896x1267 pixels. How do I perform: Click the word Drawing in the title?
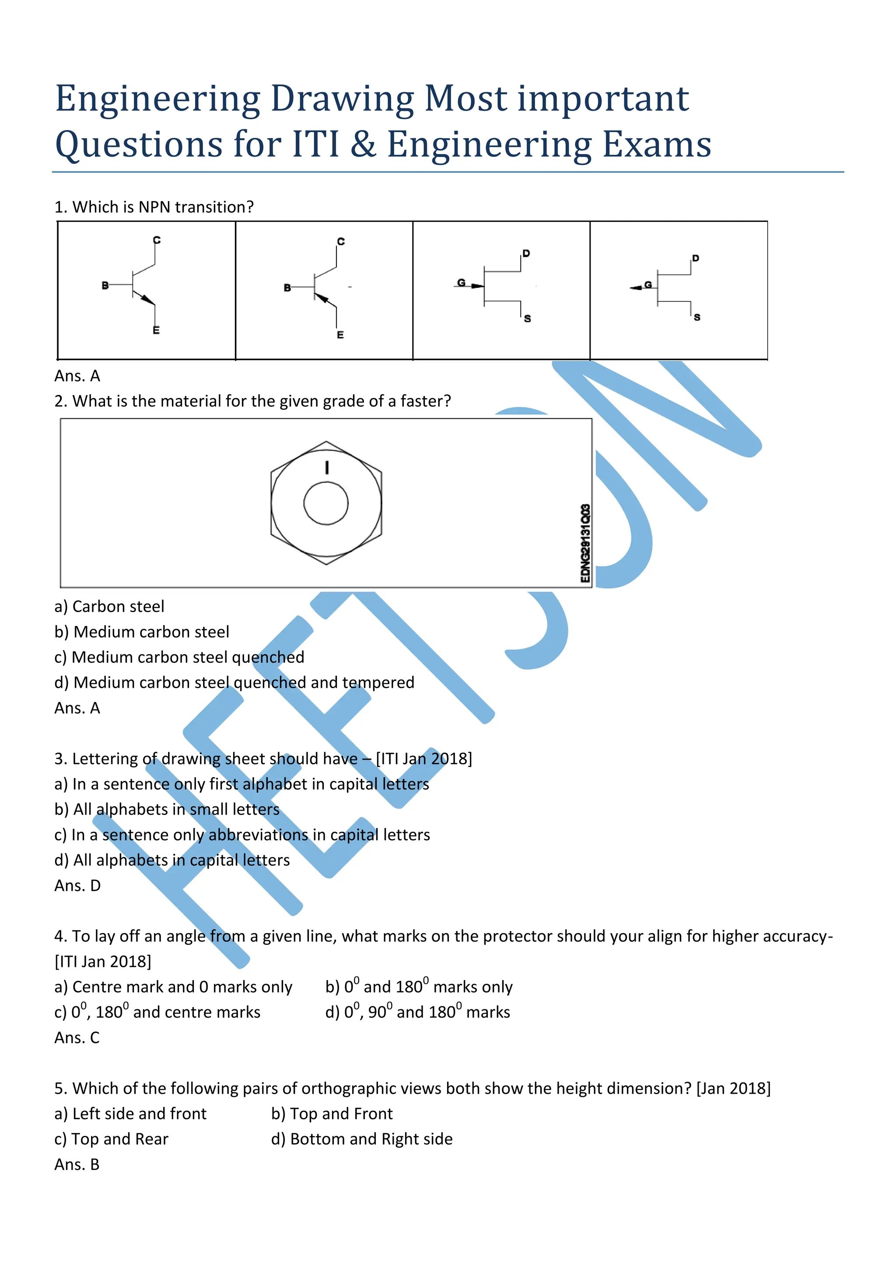[342, 99]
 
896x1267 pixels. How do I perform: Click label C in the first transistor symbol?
[157, 240]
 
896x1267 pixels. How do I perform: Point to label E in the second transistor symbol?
[340, 335]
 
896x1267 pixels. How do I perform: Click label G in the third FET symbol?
[461, 283]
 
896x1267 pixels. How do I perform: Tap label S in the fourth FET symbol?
[697, 317]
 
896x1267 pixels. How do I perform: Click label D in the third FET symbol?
[526, 253]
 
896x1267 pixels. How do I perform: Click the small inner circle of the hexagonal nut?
[326, 503]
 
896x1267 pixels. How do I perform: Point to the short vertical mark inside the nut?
[327, 467]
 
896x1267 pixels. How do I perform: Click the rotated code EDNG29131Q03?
[585, 543]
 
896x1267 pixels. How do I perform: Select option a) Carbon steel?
[109, 606]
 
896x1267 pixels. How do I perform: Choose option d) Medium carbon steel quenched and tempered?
[234, 682]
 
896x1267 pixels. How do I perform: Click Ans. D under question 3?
[77, 885]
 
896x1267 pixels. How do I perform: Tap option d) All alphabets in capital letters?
[171, 860]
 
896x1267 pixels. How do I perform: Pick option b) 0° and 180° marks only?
[419, 987]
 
